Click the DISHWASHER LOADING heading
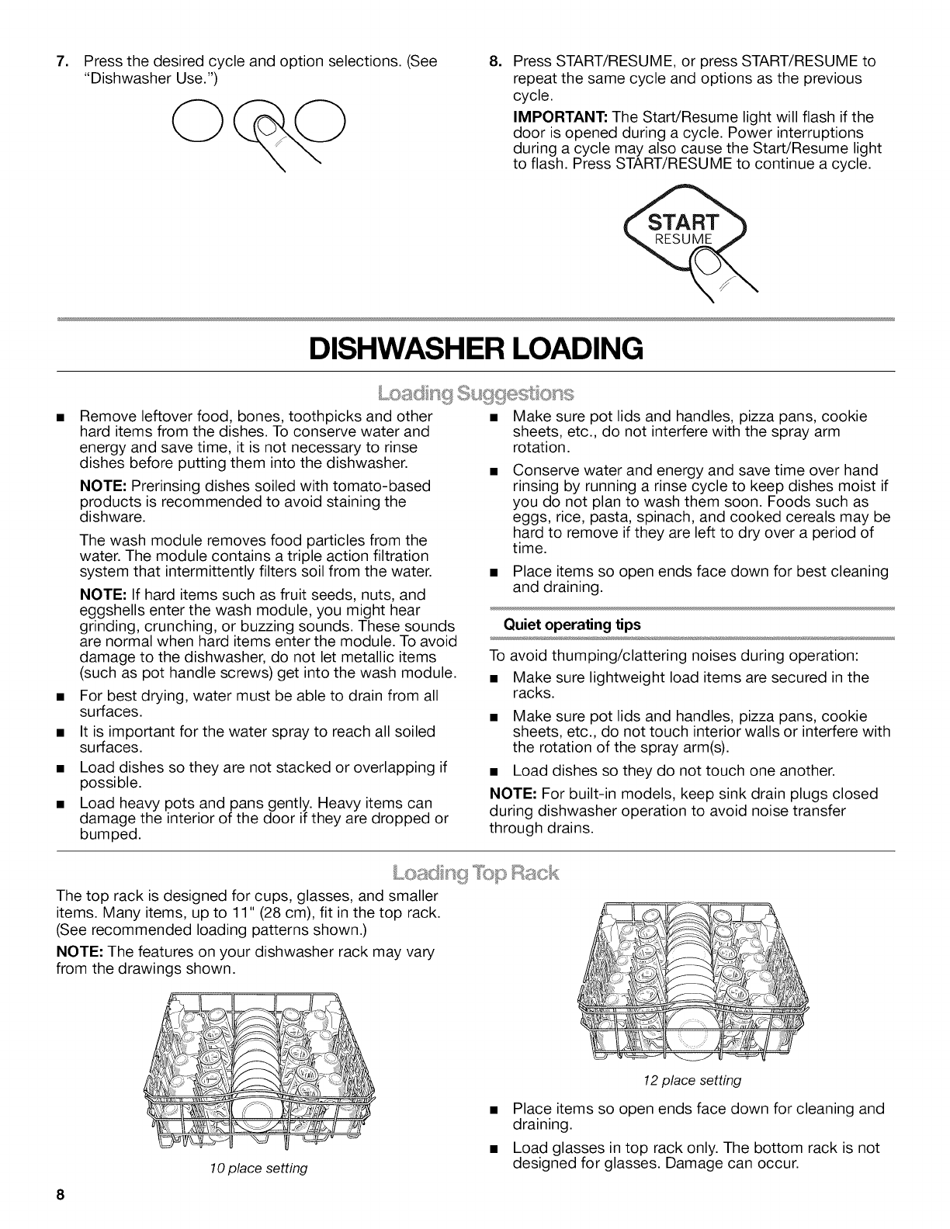point(475,348)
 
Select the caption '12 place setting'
point(693,1080)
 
